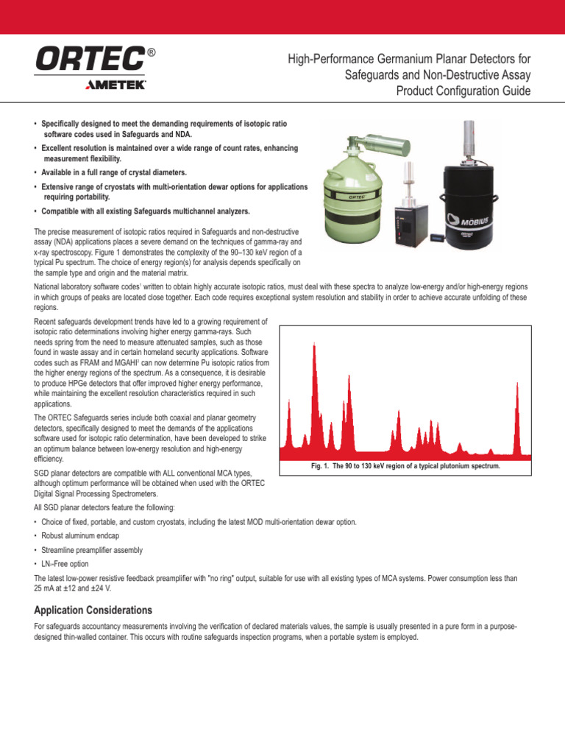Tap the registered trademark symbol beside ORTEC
[151, 53]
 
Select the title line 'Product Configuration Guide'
[463, 91]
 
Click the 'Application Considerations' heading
[93, 610]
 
